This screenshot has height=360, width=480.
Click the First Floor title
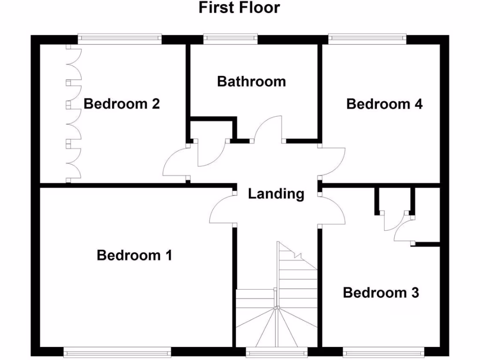click(240, 8)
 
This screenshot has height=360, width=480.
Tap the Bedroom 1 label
click(135, 255)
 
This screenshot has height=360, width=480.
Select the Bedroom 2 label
click(122, 104)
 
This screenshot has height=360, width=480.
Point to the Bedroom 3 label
click(381, 293)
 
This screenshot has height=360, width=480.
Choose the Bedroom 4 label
click(384, 104)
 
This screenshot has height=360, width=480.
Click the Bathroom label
click(251, 82)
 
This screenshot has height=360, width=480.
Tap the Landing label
click(276, 194)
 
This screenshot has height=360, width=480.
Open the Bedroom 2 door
click(174, 162)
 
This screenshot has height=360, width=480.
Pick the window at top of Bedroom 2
click(120, 39)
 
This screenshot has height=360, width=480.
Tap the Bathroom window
click(230, 39)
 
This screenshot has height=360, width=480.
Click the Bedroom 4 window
click(367, 39)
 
